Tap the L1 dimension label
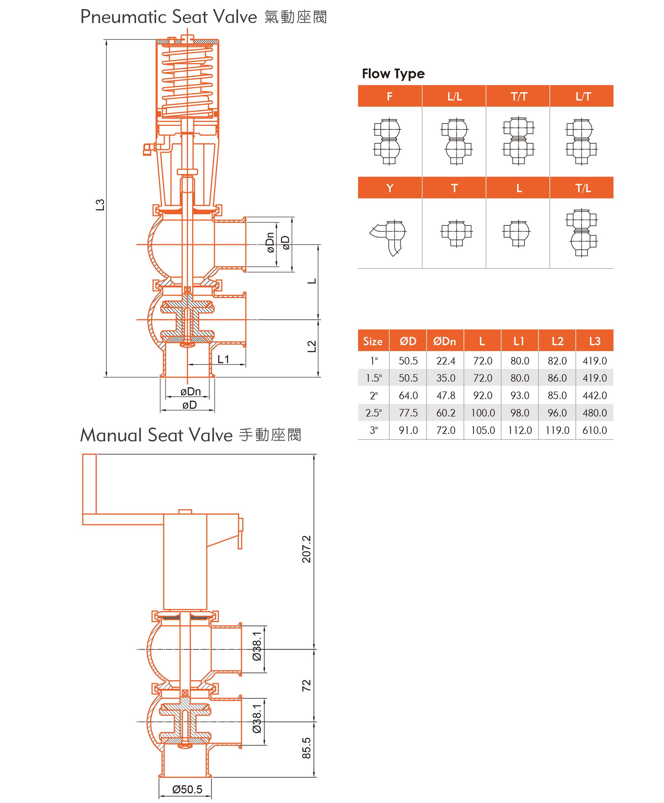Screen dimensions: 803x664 223,359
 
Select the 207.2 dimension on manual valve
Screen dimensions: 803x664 306,549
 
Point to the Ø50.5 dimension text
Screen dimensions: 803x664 187,789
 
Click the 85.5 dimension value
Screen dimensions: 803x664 306,748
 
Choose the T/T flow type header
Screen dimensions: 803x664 518,96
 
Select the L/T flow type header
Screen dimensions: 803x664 583,96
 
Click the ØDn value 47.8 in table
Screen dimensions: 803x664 445,395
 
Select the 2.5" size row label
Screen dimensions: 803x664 373,413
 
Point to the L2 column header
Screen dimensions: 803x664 557,341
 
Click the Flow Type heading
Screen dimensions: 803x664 393,73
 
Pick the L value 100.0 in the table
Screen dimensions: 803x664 482,413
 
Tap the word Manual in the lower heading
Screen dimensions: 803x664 111,436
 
